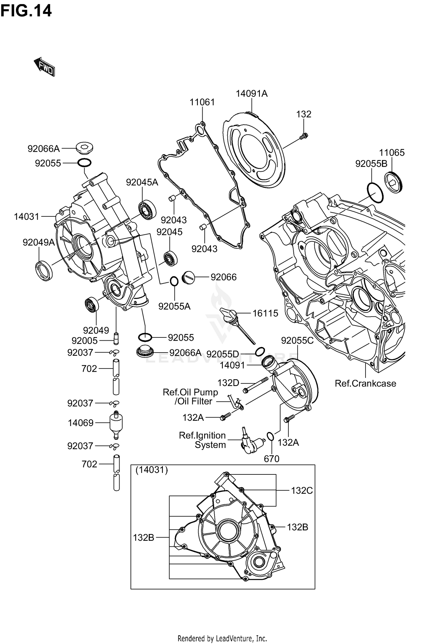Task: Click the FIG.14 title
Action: click(x=26, y=11)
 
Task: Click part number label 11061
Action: click(x=202, y=102)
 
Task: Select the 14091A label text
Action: click(x=252, y=94)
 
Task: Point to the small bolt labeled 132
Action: click(x=303, y=136)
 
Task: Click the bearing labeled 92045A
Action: click(x=147, y=210)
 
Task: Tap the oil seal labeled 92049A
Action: click(x=44, y=270)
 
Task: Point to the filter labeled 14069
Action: click(x=116, y=423)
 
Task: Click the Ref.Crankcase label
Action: click(x=365, y=383)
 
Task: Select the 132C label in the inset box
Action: click(x=301, y=491)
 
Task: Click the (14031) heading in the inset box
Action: click(x=152, y=470)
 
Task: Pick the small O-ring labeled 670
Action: click(x=270, y=436)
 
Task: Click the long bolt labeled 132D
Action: click(x=255, y=385)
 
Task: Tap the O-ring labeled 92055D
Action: click(x=260, y=351)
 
